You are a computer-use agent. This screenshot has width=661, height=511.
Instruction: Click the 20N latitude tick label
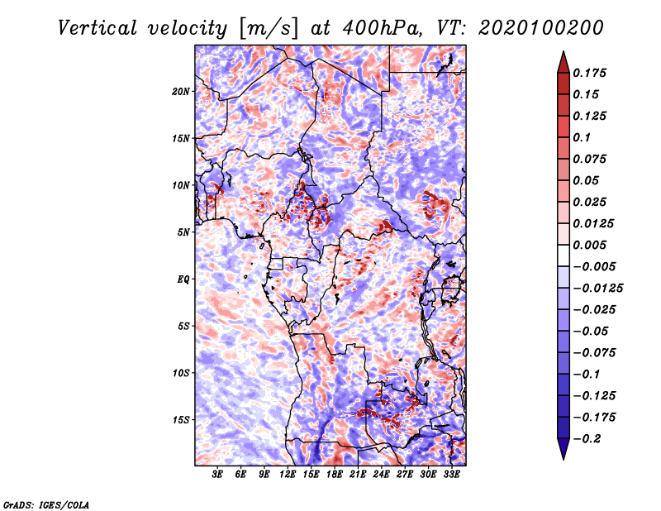coord(181,92)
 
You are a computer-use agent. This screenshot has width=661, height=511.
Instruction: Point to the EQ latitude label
coord(183,279)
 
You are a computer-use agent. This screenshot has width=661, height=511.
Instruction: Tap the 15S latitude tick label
coord(181,420)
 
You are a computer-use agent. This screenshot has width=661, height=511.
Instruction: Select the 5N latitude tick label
coord(183,232)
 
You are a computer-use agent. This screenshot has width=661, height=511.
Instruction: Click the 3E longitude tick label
coord(217,475)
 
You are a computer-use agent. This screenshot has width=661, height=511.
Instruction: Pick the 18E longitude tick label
coord(335,475)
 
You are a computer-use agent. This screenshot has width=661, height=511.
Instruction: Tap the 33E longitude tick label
coord(451,475)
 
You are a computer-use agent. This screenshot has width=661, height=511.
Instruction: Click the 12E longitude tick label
coord(288,475)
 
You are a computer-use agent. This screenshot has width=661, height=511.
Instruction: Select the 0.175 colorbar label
coord(589,73)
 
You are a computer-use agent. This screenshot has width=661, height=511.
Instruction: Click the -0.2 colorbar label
coord(587,439)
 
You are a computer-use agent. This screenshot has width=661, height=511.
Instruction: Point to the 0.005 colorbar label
coord(589,245)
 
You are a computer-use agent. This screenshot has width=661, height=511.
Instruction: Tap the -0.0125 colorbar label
coord(597,289)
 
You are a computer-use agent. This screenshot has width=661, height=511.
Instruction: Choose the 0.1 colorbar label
coord(582,137)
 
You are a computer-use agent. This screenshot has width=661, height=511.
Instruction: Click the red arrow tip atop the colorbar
coord(564,51)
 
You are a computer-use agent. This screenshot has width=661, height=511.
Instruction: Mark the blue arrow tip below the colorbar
coord(564,459)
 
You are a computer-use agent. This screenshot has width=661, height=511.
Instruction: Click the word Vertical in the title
coord(97,28)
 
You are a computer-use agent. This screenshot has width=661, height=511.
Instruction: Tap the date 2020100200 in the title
coord(541,28)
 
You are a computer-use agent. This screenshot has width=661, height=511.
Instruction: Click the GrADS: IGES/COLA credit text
coord(46,504)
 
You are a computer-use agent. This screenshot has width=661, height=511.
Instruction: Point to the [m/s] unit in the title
coord(269,28)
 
